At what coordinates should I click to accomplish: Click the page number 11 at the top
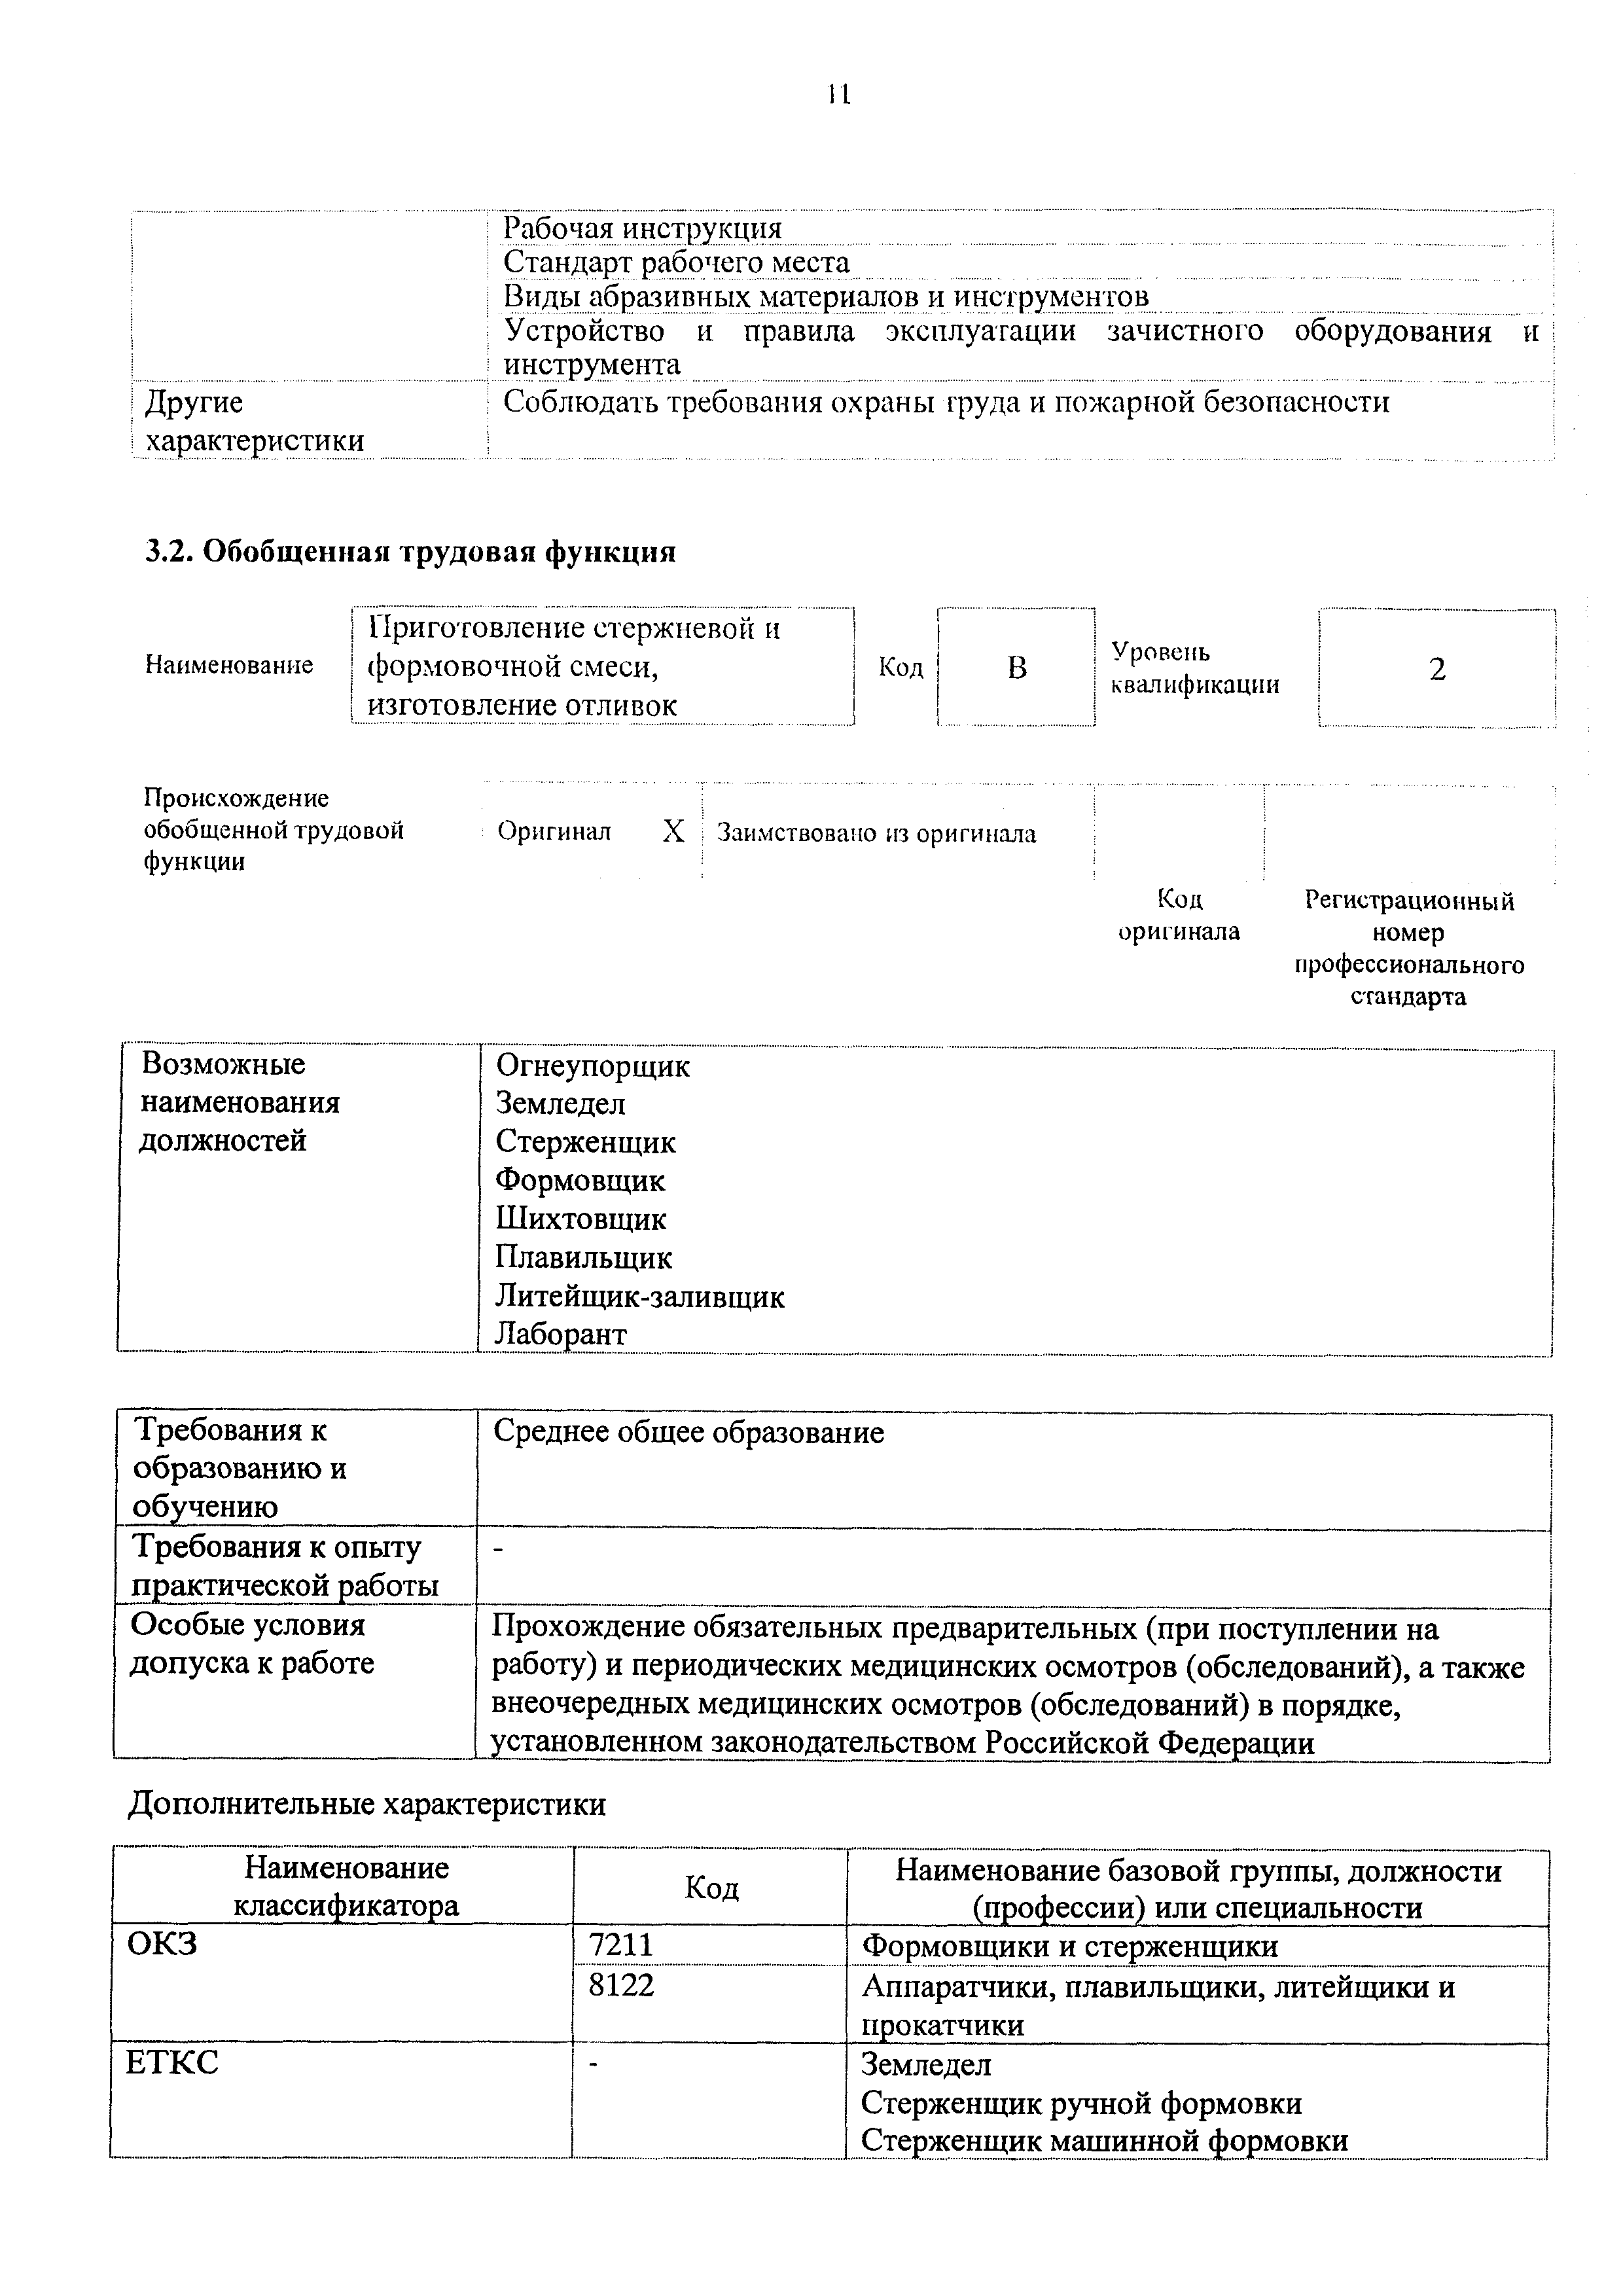pyautogui.click(x=838, y=95)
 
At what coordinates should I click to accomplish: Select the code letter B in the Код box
pyautogui.click(x=1016, y=668)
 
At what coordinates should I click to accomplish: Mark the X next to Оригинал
pyautogui.click(x=673, y=831)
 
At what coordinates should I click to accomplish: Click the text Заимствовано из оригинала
pyautogui.click(x=876, y=833)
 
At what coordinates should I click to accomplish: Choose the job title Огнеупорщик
pyautogui.click(x=592, y=1066)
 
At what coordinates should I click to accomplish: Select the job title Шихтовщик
pyautogui.click(x=580, y=1218)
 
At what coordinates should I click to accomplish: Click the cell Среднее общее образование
pyautogui.click(x=689, y=1433)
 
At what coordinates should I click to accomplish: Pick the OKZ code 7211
pyautogui.click(x=620, y=1946)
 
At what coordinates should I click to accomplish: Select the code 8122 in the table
pyautogui.click(x=620, y=1985)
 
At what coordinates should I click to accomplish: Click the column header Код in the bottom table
pyautogui.click(x=710, y=1888)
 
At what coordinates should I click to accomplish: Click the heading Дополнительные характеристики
pyautogui.click(x=367, y=1804)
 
